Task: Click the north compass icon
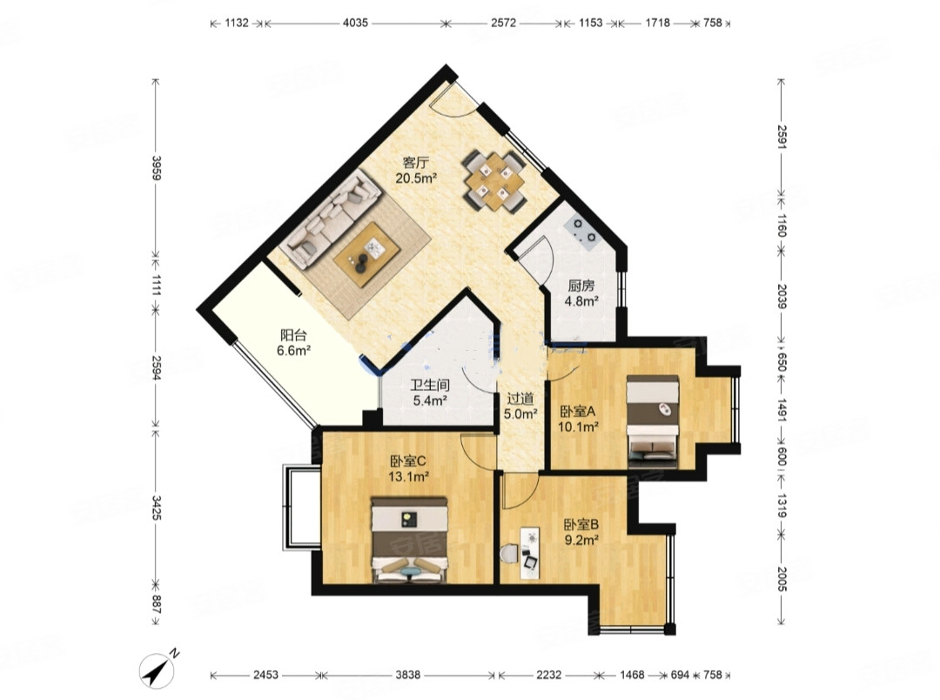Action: click(157, 669)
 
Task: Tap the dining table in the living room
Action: click(495, 180)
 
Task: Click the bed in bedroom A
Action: click(653, 421)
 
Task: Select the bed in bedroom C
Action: click(409, 540)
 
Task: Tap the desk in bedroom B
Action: click(529, 553)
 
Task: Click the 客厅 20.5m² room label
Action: click(415, 170)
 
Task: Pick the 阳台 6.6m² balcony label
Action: click(293, 343)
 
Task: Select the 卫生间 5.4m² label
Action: click(429, 393)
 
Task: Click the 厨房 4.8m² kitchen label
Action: click(581, 293)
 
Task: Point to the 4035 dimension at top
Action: click(355, 24)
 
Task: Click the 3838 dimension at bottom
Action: click(407, 676)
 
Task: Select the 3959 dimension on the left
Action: click(157, 168)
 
